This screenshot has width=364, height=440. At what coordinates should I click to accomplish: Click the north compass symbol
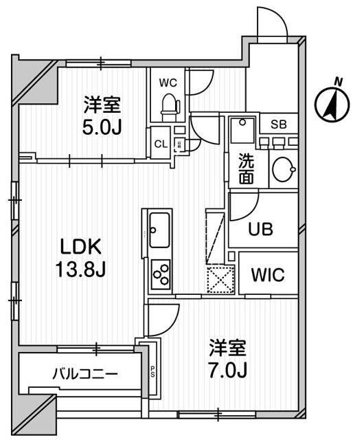click(330, 103)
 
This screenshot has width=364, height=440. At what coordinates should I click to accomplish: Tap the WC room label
click(168, 83)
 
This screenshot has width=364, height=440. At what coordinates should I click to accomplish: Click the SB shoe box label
click(278, 124)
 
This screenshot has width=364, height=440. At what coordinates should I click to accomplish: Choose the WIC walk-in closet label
click(268, 275)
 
